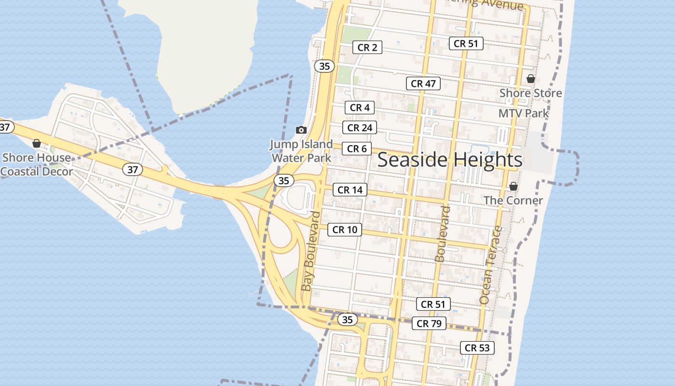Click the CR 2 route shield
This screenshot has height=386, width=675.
367,47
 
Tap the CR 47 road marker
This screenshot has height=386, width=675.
423,83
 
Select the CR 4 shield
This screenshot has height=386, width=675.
360,108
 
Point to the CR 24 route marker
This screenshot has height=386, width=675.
360,128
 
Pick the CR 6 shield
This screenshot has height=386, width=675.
357,149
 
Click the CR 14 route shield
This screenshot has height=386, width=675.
350,190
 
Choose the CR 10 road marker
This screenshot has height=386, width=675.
345,230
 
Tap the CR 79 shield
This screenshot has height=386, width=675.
429,323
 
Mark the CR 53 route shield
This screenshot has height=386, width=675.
477,347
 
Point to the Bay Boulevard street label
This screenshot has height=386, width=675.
311,251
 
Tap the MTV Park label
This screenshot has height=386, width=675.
524,113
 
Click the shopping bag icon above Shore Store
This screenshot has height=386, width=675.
531,79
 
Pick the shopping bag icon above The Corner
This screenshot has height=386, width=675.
513,186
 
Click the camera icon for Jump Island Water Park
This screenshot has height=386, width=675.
301,130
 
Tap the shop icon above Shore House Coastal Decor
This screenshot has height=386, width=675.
36,143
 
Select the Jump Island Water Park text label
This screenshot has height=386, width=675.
301,151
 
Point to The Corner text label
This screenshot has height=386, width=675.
513,200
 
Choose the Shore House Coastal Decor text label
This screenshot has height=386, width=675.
37,165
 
